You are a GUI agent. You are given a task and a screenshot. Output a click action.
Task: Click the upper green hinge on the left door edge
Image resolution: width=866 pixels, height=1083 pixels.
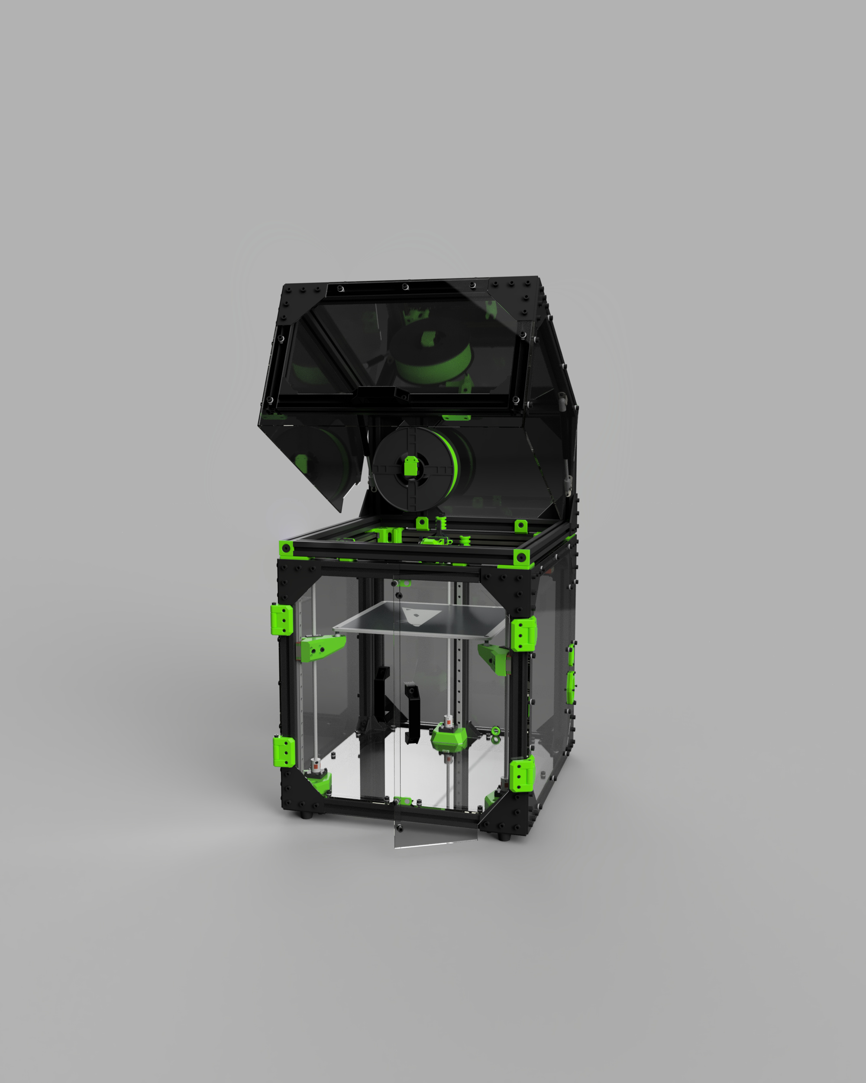coord(283,620)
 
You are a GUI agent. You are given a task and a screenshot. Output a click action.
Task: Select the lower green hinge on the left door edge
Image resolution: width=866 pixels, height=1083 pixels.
coord(284,752)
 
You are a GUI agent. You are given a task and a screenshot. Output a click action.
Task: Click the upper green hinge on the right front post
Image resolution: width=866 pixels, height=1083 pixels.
coord(523,635)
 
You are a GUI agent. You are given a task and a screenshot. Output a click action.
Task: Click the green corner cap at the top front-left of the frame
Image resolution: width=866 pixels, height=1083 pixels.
coord(286,548)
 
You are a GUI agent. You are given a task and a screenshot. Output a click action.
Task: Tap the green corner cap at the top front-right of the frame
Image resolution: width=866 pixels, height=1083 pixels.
coord(521,557)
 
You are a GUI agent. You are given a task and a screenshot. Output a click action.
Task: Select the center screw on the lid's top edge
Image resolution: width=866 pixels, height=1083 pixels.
coord(405,287)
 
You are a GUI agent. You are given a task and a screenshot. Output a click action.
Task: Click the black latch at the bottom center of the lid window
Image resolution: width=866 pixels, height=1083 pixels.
coord(402,393)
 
